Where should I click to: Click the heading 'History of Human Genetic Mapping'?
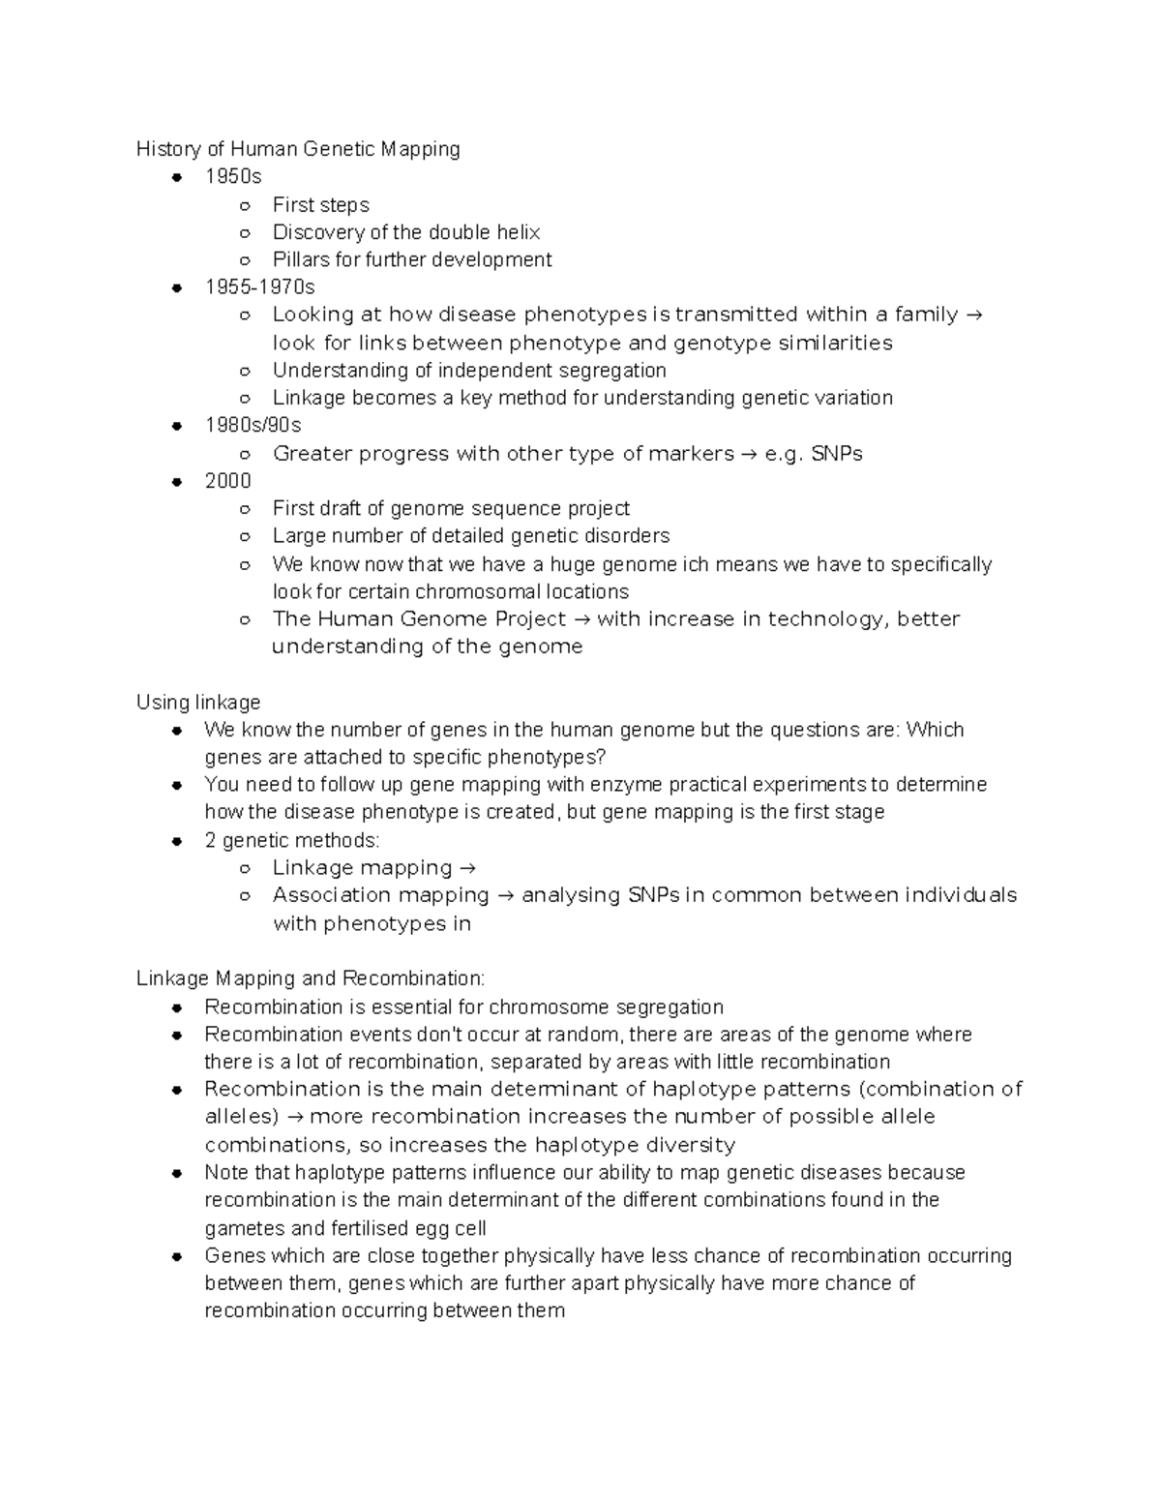coord(298,149)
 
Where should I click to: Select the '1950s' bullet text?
coord(233,177)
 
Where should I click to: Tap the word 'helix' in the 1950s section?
coord(518,232)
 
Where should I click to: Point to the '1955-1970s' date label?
coord(259,287)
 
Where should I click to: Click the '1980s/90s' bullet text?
coord(253,426)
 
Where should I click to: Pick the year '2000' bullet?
coord(227,481)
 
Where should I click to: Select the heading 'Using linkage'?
coord(198,703)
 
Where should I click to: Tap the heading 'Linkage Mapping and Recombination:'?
coord(311,978)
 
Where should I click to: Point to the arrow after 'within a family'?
coord(974,315)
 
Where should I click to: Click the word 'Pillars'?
coord(301,260)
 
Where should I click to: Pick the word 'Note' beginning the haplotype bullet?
coord(226,1173)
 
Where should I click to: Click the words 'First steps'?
coord(320,205)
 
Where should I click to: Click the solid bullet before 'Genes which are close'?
coord(177,1257)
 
